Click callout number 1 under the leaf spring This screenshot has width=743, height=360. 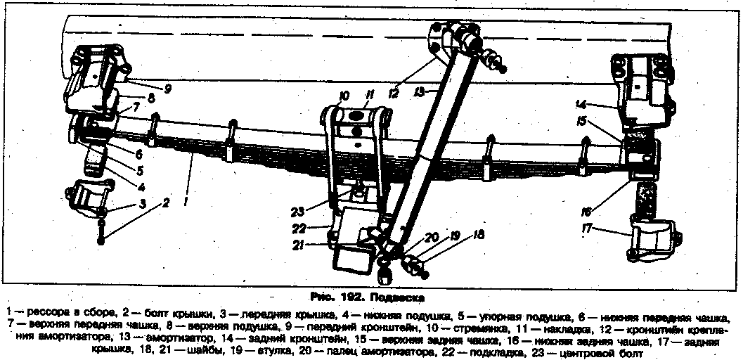[x=186, y=201]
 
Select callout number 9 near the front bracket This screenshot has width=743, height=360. [x=169, y=89]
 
